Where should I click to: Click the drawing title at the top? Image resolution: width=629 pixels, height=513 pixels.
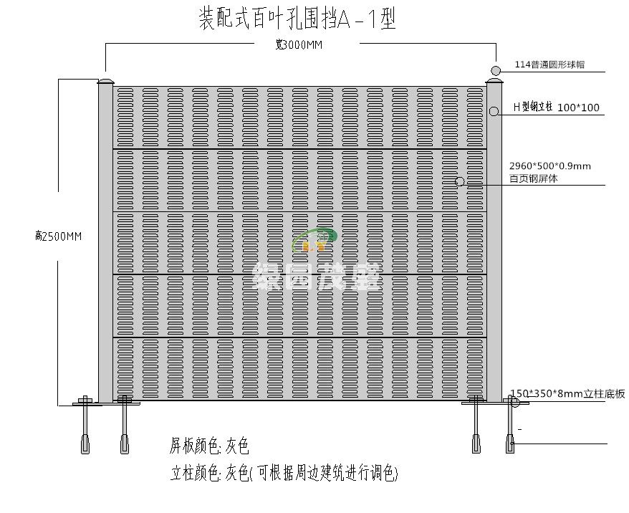pyautogui.click(x=297, y=19)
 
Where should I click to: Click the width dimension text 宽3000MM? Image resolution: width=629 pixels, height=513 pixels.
pyautogui.click(x=299, y=45)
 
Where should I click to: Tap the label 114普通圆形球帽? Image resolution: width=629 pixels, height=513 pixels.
pyautogui.click(x=549, y=64)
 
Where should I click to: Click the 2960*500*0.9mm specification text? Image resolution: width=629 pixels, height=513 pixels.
pyautogui.click(x=549, y=166)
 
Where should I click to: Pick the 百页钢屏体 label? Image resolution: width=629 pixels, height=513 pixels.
pyautogui.click(x=533, y=179)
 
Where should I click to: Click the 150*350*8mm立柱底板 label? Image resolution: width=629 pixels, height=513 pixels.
pyautogui.click(x=567, y=393)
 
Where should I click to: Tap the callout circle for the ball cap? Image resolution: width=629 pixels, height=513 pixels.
pyautogui.click(x=496, y=70)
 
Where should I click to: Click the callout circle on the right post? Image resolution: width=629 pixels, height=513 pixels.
pyautogui.click(x=494, y=111)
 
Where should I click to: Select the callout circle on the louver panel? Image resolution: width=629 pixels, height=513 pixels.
pyautogui.click(x=460, y=182)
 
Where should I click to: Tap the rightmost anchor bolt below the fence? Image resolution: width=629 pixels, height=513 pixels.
pyautogui.click(x=510, y=430)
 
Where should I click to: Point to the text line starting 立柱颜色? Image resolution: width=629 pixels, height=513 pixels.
pyautogui.click(x=284, y=474)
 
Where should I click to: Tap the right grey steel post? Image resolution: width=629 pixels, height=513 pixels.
pyautogui.click(x=494, y=244)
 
